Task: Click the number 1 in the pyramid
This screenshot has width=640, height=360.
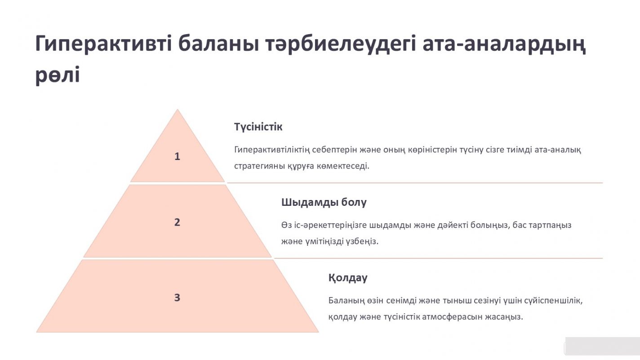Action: click(x=177, y=156)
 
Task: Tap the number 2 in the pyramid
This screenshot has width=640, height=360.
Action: click(x=177, y=222)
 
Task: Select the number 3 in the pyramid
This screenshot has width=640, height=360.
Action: click(x=177, y=298)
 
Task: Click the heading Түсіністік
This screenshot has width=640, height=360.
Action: click(x=258, y=127)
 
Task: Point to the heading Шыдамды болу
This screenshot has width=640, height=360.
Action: click(x=324, y=202)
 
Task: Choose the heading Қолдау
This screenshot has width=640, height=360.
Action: click(x=348, y=278)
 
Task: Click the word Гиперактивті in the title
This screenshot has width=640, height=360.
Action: click(x=103, y=44)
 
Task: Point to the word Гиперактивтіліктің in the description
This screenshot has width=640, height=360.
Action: click(x=272, y=150)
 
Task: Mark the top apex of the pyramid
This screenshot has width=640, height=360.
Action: click(x=178, y=109)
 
